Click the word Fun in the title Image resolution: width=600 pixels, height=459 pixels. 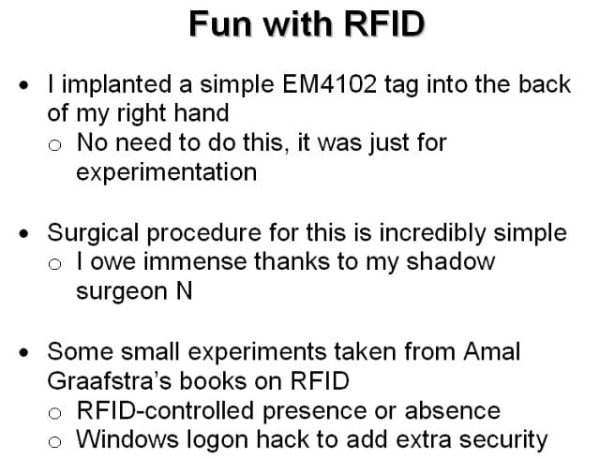(x=220, y=24)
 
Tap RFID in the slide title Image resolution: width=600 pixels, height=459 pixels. (x=384, y=24)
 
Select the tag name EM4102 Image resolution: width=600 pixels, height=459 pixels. (x=329, y=84)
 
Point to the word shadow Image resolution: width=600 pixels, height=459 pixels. (x=450, y=262)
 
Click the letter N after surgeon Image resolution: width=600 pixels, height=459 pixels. (x=184, y=291)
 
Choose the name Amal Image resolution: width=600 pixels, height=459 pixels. (x=491, y=351)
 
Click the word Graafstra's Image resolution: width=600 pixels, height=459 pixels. (x=110, y=381)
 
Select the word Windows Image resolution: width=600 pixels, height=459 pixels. (x=127, y=439)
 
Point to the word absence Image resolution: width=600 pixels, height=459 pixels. (x=452, y=411)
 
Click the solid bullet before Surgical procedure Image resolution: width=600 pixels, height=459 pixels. (x=23, y=233)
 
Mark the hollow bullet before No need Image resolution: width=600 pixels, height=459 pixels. (x=54, y=145)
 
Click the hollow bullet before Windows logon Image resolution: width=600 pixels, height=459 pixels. (x=54, y=442)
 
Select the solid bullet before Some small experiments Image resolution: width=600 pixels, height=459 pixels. (x=23, y=352)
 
